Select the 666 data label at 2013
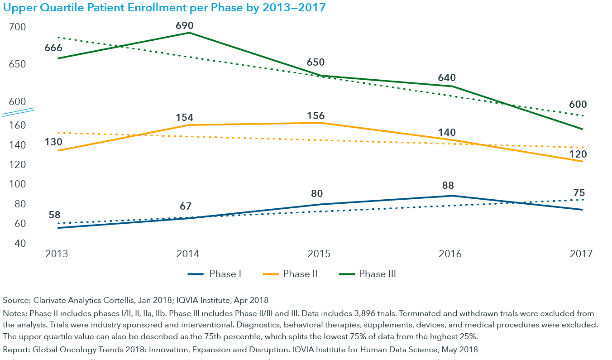pos(53,48)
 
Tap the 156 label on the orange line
pos(316,115)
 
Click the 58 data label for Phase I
pos(54,215)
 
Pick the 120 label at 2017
pos(578,154)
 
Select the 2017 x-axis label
pos(581,254)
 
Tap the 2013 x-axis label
pos(57,254)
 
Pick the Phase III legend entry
pos(367,274)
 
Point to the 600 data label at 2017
pos(578,104)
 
